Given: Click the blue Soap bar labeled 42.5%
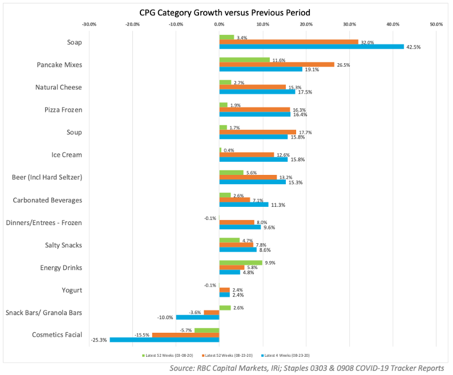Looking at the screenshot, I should point(311,47).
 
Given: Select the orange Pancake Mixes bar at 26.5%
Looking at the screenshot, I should point(276,64).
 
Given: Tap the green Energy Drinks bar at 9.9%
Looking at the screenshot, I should point(240,263).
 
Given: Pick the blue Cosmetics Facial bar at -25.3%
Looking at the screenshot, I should point(164,340).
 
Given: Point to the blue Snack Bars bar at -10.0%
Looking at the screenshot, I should point(197,317).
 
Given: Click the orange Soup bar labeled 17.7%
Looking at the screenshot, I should point(257,132).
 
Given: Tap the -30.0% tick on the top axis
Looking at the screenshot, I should point(89,25).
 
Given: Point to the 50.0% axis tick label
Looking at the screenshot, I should point(436,25).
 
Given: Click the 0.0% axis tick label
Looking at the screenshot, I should point(219,25).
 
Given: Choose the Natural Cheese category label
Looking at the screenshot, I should point(58,87).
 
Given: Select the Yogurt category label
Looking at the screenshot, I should point(72,290).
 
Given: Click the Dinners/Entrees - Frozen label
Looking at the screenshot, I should point(43,222).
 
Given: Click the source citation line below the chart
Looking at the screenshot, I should point(306,368).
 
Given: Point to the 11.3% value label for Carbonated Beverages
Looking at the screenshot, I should point(278,205).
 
